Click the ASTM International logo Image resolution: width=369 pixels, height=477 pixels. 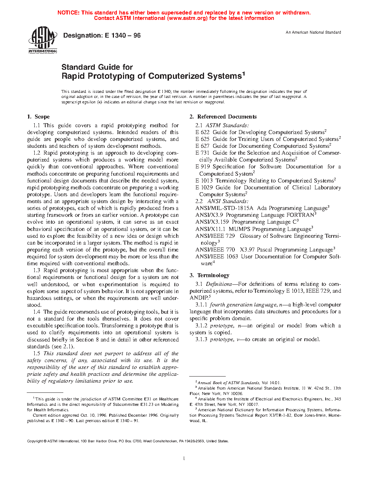43,40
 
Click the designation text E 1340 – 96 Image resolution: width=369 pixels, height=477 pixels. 123,35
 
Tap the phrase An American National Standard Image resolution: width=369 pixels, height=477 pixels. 313,33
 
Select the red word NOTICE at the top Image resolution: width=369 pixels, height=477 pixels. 68,13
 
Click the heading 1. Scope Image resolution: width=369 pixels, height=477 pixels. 38,117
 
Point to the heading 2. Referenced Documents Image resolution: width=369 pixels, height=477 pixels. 223,117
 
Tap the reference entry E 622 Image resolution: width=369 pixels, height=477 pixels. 202,132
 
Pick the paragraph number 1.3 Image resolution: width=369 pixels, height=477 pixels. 37,270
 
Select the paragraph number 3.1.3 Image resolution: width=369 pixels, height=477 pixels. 202,339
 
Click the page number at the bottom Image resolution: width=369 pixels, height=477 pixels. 184,459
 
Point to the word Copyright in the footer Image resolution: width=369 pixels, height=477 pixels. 35,441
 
